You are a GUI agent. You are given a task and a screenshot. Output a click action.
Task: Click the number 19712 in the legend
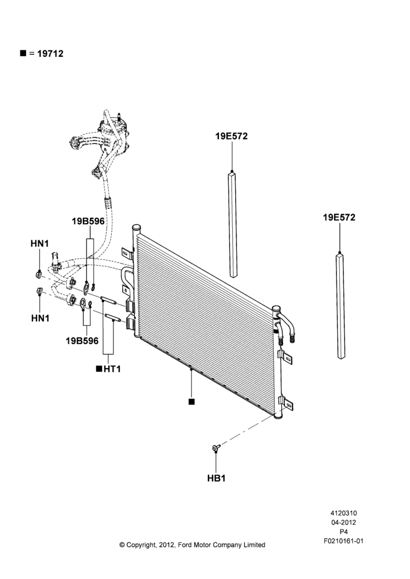pos(50,53)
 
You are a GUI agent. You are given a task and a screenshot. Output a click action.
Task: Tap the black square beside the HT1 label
pos(98,368)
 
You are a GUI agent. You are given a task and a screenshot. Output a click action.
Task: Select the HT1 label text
pos(112,369)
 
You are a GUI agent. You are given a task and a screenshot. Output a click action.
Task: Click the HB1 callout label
pos(216,478)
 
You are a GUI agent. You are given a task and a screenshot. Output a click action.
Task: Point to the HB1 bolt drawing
pos(215,448)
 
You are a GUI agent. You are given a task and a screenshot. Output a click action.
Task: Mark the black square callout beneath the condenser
pos(191,402)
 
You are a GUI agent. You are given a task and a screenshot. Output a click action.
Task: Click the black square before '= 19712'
pos(23,53)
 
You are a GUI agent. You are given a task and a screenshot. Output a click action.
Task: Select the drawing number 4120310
pos(343,513)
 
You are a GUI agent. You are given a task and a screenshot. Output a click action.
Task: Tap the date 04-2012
pos(343,522)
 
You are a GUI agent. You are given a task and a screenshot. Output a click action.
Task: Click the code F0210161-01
pos(343,541)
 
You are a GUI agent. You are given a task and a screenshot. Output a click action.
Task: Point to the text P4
pos(343,532)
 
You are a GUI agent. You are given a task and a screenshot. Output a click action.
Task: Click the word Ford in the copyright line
pos(184,545)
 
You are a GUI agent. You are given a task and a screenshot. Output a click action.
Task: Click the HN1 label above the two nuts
pos(39,244)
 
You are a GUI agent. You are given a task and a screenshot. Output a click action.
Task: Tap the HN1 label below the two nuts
pos(41,318)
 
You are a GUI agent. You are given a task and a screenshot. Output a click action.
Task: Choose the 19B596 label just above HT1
pos(82,340)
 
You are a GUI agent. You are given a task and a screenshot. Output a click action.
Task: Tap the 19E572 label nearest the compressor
pos(232,136)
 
